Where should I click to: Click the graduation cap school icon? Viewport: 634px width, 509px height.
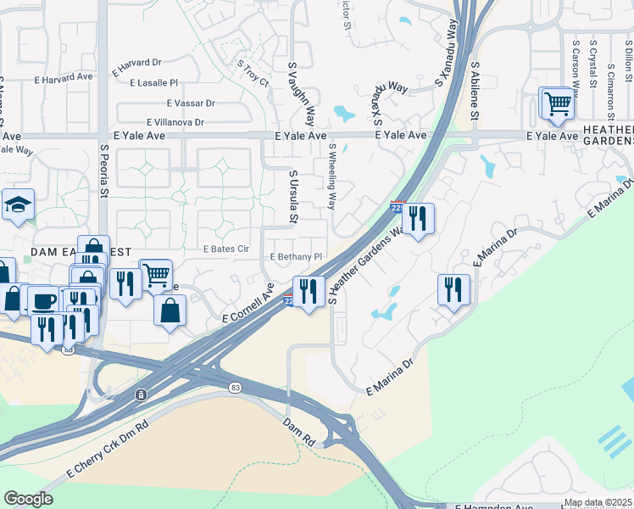18,205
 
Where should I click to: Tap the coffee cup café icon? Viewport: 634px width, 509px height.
43,300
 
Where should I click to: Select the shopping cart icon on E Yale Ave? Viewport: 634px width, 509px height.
558,103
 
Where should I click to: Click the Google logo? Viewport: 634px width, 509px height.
28,499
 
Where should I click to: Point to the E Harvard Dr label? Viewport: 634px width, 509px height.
132,63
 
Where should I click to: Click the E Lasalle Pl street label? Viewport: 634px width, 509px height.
154,83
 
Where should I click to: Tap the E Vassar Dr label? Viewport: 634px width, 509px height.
186,103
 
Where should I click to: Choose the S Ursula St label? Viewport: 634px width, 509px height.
292,197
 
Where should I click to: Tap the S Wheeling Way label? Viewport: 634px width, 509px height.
332,176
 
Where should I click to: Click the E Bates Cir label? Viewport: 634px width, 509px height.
225,249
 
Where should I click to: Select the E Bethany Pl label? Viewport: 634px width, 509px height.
296,256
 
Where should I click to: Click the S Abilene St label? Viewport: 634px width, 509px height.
475,90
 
